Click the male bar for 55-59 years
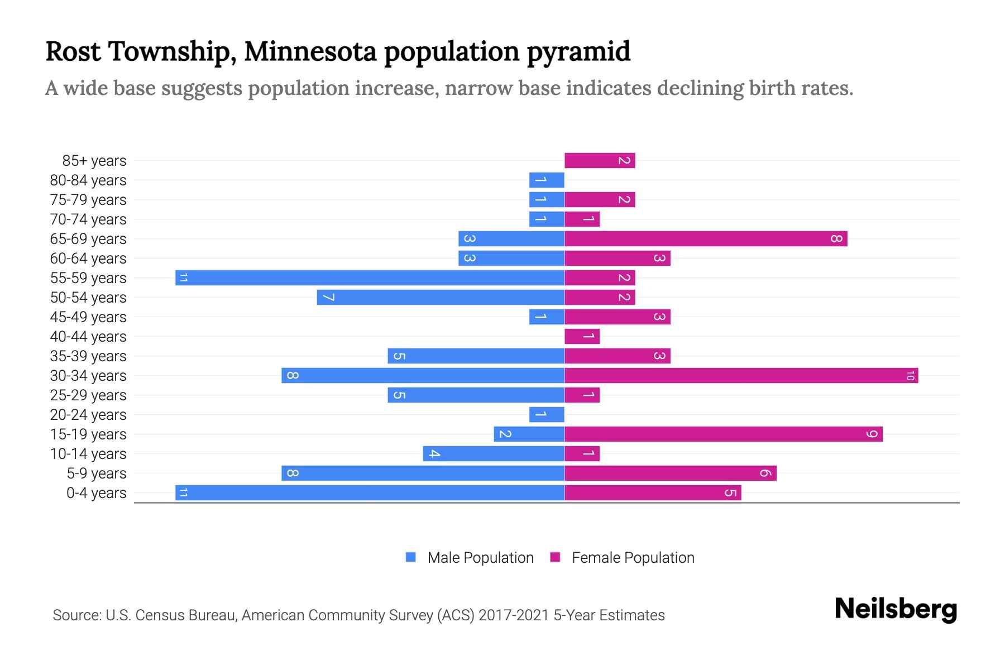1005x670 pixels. (370, 277)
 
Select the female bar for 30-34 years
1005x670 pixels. (741, 375)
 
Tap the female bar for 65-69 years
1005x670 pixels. (706, 238)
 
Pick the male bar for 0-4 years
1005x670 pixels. (370, 492)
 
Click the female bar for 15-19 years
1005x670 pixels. (724, 434)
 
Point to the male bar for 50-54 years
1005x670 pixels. (441, 297)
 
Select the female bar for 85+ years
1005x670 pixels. (600, 160)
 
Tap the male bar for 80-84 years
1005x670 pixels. (547, 180)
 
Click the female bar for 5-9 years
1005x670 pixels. (671, 473)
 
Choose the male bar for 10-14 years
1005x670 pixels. (494, 453)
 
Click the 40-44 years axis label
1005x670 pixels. (88, 337)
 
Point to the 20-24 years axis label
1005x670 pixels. (88, 415)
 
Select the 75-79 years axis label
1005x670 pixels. (88, 200)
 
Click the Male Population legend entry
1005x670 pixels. (480, 558)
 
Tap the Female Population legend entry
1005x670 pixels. (632, 558)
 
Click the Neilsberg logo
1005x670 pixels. (896, 609)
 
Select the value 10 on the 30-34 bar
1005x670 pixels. (910, 376)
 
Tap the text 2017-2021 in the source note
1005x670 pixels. (514, 615)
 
